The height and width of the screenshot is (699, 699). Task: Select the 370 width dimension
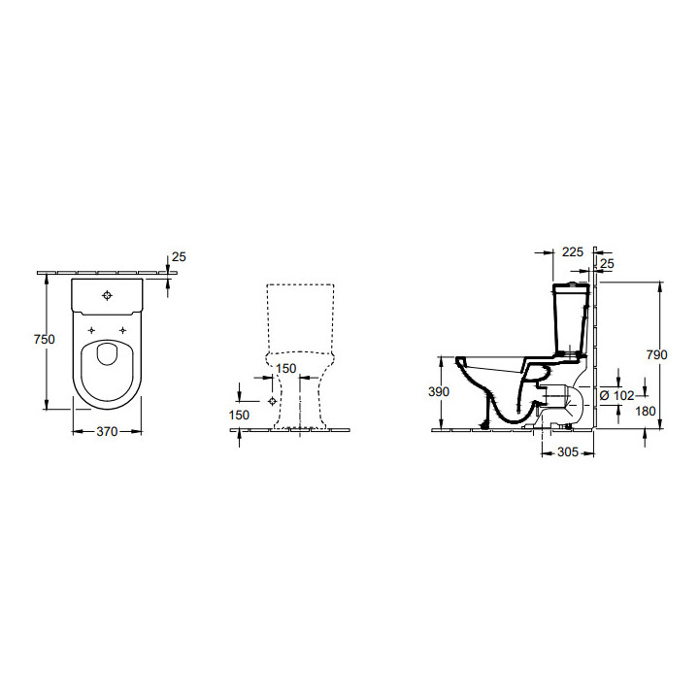(107, 432)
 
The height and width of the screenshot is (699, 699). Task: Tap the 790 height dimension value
(657, 355)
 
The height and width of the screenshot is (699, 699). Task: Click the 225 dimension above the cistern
(573, 252)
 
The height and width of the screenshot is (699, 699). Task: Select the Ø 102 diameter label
(615, 395)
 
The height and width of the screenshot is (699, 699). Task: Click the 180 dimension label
(645, 412)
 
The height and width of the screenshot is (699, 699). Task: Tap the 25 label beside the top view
(178, 257)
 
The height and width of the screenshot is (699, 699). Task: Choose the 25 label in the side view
(607, 263)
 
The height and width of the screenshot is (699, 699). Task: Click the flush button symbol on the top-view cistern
(107, 293)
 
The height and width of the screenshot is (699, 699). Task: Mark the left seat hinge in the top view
(92, 331)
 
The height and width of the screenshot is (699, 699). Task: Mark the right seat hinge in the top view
(122, 331)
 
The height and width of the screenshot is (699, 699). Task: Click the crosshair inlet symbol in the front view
(272, 401)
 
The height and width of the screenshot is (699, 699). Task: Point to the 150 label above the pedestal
(286, 369)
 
